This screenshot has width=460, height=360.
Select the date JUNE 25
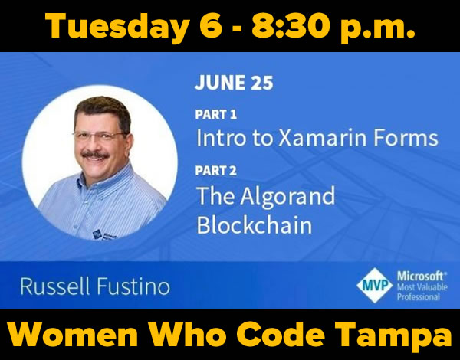(x=234, y=82)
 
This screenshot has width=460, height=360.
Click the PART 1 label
(x=215, y=114)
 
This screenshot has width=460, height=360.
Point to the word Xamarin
(x=322, y=138)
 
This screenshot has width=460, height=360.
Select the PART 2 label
(x=215, y=171)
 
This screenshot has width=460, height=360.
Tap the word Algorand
(x=287, y=196)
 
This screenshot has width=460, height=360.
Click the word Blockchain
(x=254, y=225)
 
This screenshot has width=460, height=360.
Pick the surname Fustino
(x=133, y=286)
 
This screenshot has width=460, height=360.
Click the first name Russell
(x=54, y=286)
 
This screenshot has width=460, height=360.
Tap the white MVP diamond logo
(x=374, y=285)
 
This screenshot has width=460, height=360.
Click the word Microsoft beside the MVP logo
(x=422, y=277)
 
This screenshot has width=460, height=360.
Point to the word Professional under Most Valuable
(x=419, y=296)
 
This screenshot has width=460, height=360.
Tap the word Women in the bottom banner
(x=73, y=334)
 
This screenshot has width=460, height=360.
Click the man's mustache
(x=95, y=154)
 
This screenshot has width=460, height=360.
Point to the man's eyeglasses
(x=100, y=135)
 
